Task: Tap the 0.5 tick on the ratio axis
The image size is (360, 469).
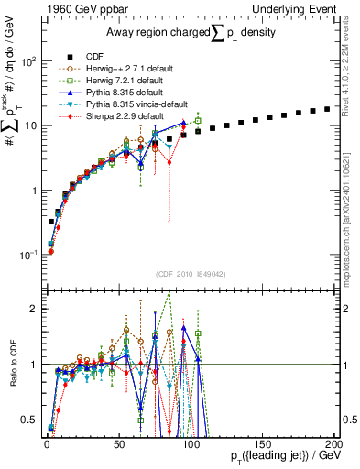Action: click(28, 420)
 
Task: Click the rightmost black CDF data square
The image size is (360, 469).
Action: click(327, 109)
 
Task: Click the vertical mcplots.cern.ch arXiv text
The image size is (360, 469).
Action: click(352, 220)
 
